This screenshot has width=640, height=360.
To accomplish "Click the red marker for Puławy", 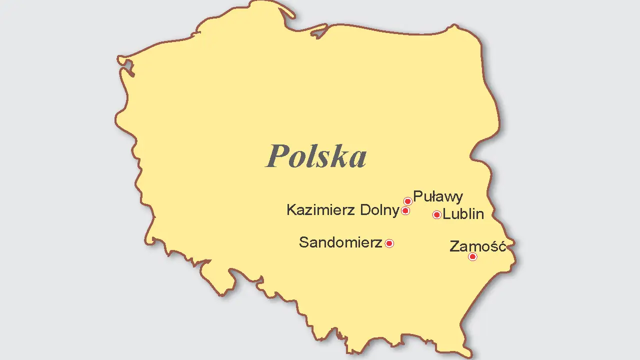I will point(407,201).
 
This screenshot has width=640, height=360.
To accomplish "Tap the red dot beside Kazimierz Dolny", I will point(405,211).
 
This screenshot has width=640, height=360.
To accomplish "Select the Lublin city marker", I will point(436,215).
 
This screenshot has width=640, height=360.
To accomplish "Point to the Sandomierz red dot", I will point(389,243).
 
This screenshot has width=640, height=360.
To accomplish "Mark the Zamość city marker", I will point(472,257).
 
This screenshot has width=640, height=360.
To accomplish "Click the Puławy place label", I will point(438,196).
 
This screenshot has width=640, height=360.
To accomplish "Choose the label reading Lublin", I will point(463,214).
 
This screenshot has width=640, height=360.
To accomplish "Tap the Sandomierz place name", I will point(340,242).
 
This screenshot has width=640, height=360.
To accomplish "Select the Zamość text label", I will point(478,246).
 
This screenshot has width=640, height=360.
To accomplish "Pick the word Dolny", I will point(379,210).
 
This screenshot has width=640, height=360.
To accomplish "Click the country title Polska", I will point(316,155).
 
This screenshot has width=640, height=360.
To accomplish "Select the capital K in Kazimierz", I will point(291,210).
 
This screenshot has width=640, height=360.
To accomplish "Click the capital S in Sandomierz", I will point(303,242).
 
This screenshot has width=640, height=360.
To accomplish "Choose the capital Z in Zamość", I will point(454,246).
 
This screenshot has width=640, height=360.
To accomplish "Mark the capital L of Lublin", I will point(446,214).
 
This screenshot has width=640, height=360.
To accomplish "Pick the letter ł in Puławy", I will point(427,196).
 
